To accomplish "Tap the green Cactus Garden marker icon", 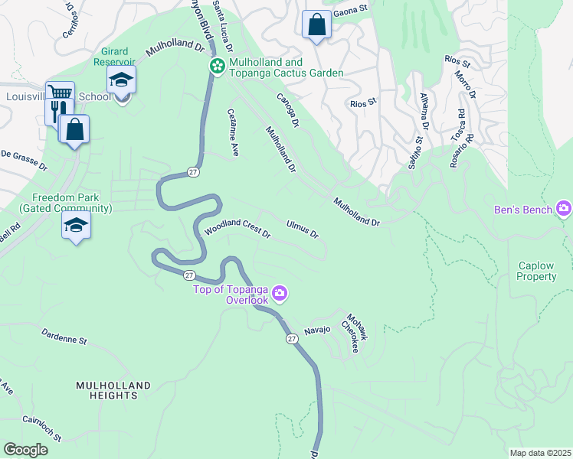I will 218,67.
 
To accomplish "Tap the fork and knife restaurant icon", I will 54,110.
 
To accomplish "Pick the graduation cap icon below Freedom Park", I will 76,225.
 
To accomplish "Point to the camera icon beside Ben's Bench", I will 565,208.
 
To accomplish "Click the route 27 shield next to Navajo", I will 292,338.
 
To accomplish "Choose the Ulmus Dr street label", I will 302,228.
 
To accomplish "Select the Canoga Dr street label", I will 288,109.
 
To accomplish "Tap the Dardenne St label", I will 65,337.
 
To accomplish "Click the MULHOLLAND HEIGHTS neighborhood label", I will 113,390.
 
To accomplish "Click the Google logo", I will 25,450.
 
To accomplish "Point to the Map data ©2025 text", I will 540,453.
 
